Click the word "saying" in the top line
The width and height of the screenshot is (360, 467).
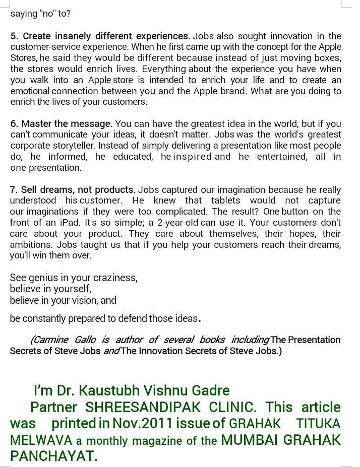pos(24,14)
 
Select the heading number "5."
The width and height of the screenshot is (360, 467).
pos(15,36)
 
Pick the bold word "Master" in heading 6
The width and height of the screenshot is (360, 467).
pos(35,124)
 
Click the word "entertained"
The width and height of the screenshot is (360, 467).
pos(283,157)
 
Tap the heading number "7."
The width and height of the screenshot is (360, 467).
pos(14,190)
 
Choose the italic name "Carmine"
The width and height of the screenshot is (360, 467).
pos(49,340)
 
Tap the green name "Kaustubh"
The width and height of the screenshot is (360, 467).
pos(104,390)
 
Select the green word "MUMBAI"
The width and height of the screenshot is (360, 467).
pos(250,440)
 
